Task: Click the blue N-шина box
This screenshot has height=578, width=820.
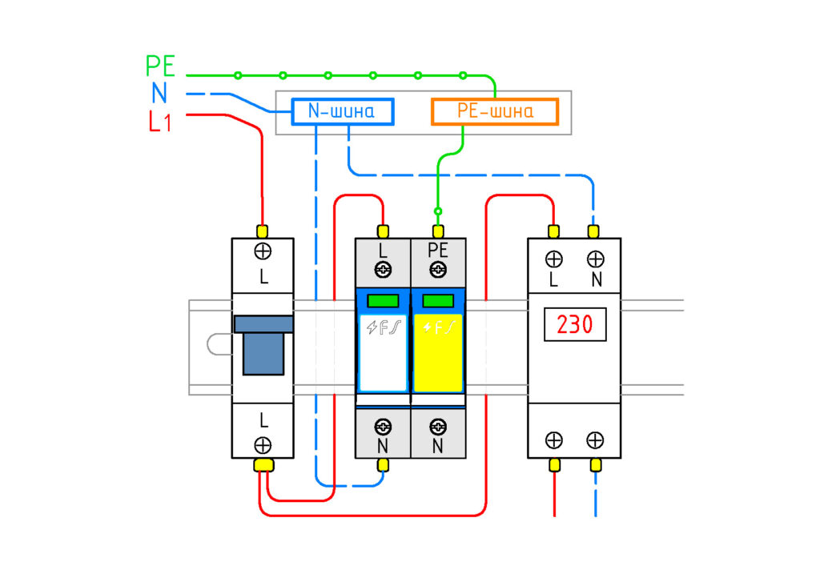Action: pyautogui.click(x=343, y=111)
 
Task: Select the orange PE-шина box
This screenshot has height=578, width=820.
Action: pyautogui.click(x=495, y=111)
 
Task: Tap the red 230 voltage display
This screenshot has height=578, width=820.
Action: pyautogui.click(x=575, y=324)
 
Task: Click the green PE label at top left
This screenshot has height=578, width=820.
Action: pyautogui.click(x=160, y=66)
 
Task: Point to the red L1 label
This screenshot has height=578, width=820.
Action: pyautogui.click(x=160, y=122)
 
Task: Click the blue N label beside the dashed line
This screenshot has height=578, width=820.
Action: pyautogui.click(x=159, y=93)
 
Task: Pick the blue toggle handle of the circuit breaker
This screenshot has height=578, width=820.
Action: pyautogui.click(x=263, y=346)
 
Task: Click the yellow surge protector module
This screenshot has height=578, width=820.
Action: pyautogui.click(x=438, y=353)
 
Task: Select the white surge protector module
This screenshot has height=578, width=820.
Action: pyautogui.click(x=383, y=353)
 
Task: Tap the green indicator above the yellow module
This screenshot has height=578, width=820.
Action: pyautogui.click(x=438, y=300)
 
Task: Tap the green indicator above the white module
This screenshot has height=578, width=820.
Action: pyautogui.click(x=383, y=300)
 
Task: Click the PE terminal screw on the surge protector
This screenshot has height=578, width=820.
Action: pyautogui.click(x=438, y=270)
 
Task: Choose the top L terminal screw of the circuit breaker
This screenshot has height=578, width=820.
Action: pyautogui.click(x=263, y=251)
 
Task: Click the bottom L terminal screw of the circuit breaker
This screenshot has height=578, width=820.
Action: pyautogui.click(x=263, y=445)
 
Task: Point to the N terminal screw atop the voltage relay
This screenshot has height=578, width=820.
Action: pyautogui.click(x=595, y=259)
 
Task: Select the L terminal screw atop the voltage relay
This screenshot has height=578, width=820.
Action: pyautogui.click(x=554, y=259)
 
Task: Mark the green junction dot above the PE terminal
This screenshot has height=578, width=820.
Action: pyautogui.click(x=438, y=211)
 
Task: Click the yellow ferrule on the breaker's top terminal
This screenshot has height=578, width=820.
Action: pyautogui.click(x=263, y=231)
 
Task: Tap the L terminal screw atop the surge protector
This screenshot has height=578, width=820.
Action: pyautogui.click(x=383, y=270)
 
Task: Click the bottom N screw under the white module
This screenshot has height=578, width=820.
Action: pyautogui.click(x=383, y=427)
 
